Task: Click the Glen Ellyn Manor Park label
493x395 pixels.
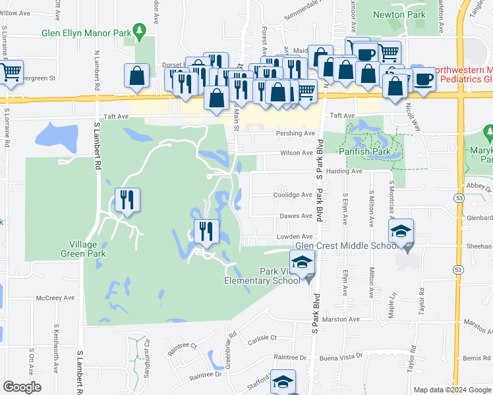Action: [x=85, y=31]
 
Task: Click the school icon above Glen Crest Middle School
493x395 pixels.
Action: [x=401, y=231]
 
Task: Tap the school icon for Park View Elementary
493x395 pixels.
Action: [x=301, y=263]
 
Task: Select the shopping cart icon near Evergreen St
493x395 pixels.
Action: [x=11, y=72]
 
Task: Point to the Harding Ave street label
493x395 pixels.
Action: [x=347, y=171]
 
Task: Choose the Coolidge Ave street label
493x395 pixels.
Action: [x=293, y=195]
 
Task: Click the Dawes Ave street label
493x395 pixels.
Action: [x=297, y=216]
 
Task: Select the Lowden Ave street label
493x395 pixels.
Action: [x=297, y=236]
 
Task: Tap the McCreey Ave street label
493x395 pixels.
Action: [x=55, y=298]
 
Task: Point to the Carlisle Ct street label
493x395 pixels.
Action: [x=262, y=338]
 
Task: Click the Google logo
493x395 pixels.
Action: [x=22, y=387]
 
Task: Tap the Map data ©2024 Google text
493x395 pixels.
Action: [x=451, y=390]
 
